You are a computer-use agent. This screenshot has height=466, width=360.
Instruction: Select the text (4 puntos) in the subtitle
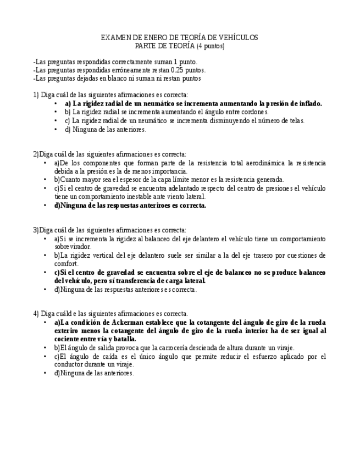coord(211,46)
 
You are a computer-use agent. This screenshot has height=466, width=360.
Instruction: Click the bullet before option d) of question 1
coord(56,130)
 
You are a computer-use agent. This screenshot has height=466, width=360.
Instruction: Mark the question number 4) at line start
coord(36,314)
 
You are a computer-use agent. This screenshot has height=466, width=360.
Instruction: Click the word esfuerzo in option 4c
coord(258,356)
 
